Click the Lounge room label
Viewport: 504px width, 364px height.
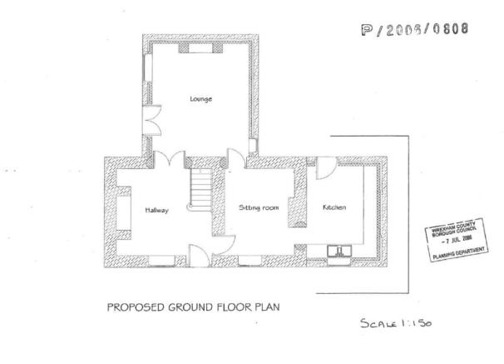tap(200, 99)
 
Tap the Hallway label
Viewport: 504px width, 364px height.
tap(156, 210)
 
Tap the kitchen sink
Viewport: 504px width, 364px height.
tap(340, 249)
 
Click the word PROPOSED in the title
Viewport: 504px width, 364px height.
tap(131, 307)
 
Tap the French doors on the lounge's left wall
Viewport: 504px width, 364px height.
tap(151, 123)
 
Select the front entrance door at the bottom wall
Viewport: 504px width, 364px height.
tap(199, 252)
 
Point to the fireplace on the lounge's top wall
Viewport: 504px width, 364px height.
tap(201, 47)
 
